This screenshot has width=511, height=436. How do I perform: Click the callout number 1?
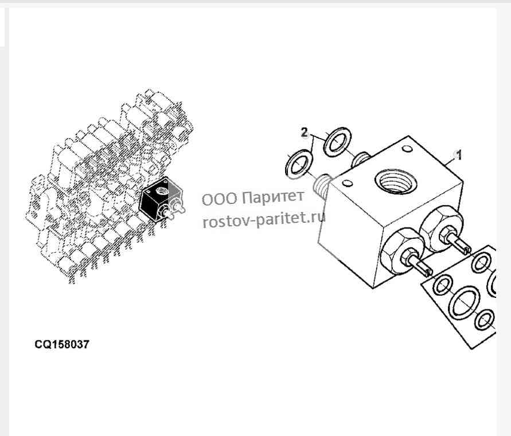(x=459, y=155)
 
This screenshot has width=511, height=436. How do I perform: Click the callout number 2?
(x=304, y=132)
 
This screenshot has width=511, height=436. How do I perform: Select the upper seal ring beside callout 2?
(x=337, y=142)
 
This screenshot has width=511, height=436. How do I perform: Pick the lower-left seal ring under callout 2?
(x=299, y=165)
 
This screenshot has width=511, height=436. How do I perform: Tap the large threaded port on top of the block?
(x=396, y=181)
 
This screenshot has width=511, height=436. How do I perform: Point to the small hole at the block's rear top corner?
(x=407, y=149)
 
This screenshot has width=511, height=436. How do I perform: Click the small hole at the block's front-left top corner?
(x=348, y=184)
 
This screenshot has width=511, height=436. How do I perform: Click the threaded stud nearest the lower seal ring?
(x=323, y=185)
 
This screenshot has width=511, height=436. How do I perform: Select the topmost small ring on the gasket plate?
(x=481, y=262)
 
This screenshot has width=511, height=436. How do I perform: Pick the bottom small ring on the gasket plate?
(x=485, y=320)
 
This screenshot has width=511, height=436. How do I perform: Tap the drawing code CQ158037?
(x=61, y=344)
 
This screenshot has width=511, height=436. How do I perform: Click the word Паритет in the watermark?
(x=274, y=197)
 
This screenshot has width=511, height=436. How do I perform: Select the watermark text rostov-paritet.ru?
(x=264, y=219)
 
